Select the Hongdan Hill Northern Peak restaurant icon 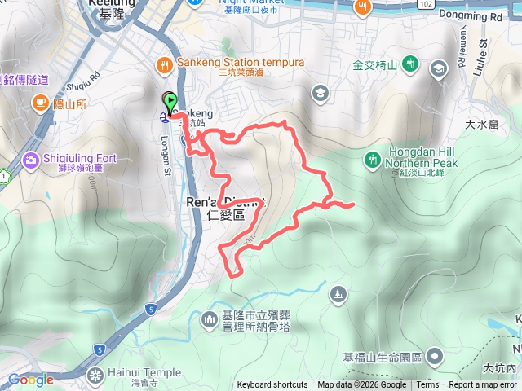(x=374, y=158)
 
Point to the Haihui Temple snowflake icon (x=96, y=373)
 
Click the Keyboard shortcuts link (x=272, y=385)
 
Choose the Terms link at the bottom (x=427, y=385)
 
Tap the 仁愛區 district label (x=226, y=215)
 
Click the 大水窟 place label (x=481, y=125)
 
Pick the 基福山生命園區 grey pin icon (x=435, y=356)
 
